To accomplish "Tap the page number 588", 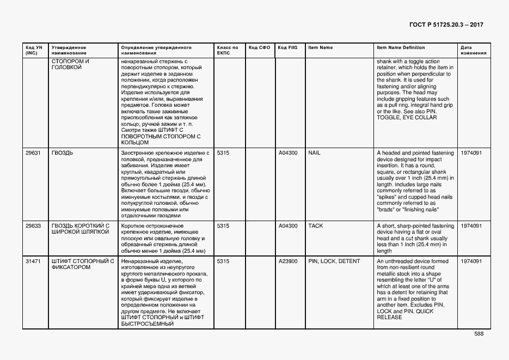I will pyautogui.click(x=478, y=334).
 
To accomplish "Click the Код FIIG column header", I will pyautogui.click(x=287, y=48).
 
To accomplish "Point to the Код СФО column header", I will pyautogui.click(x=259, y=48).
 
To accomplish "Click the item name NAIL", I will pyautogui.click(x=315, y=153).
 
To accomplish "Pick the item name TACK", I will pyautogui.click(x=316, y=225).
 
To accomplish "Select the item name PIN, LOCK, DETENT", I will pyautogui.click(x=334, y=261).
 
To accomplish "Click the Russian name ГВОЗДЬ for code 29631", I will pyautogui.click(x=62, y=153).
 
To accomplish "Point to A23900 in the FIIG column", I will pyautogui.click(x=288, y=261).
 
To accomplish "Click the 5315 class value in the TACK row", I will pyautogui.click(x=223, y=225).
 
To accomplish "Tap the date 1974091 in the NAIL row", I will pyautogui.click(x=471, y=153).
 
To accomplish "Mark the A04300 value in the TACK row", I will pyautogui.click(x=288, y=225).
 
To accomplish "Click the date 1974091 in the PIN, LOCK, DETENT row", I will pyautogui.click(x=471, y=261).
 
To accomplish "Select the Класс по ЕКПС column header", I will pyautogui.click(x=228, y=51).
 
